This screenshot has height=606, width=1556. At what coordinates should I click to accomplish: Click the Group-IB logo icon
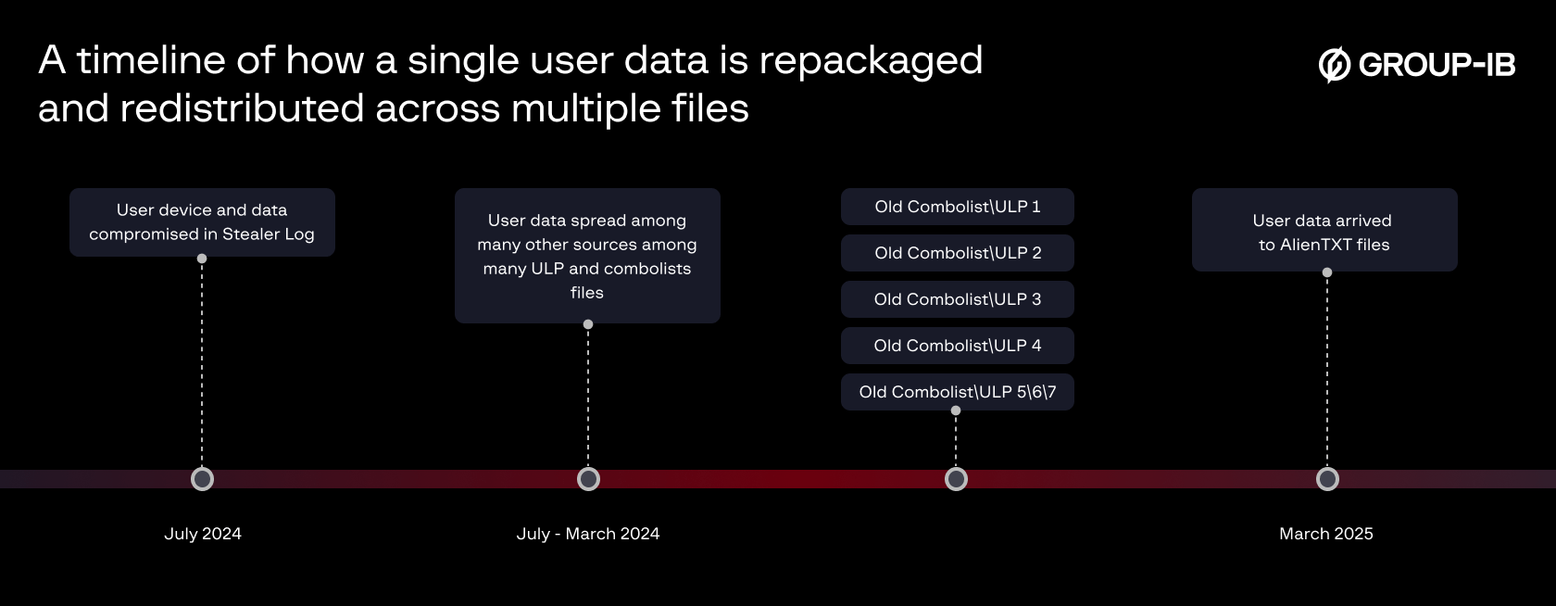click(x=1335, y=64)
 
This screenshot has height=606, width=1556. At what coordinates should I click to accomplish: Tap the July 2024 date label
click(x=203, y=534)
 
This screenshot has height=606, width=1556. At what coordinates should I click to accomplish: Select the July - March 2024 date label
click(x=588, y=534)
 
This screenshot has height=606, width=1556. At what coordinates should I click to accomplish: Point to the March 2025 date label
click(x=1326, y=534)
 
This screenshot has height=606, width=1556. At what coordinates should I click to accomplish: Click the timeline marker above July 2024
click(x=202, y=479)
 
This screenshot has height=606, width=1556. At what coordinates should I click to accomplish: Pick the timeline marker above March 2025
click(x=1327, y=479)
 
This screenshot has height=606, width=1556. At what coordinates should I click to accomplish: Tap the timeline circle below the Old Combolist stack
click(x=956, y=479)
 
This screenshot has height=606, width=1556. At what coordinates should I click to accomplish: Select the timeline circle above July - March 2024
click(x=588, y=479)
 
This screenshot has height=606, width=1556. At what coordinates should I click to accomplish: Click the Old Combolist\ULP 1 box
click(x=958, y=207)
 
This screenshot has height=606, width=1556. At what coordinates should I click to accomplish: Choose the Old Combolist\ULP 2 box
click(x=958, y=253)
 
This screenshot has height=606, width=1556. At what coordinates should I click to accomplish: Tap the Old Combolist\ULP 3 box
click(x=958, y=299)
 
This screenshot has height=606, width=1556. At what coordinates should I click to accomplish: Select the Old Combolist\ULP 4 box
click(x=958, y=346)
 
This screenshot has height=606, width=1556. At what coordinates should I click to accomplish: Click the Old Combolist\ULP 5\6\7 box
click(x=958, y=392)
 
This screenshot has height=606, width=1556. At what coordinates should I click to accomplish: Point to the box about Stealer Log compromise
click(x=202, y=222)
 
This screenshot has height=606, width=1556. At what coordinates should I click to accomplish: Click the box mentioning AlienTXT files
click(x=1324, y=230)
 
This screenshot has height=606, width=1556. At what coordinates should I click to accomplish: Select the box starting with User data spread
click(x=587, y=256)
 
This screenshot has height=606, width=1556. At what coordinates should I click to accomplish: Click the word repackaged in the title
click(x=871, y=61)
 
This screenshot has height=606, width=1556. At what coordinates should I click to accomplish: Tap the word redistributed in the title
click(x=242, y=108)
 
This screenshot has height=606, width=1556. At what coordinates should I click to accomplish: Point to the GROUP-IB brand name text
click(x=1437, y=65)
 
